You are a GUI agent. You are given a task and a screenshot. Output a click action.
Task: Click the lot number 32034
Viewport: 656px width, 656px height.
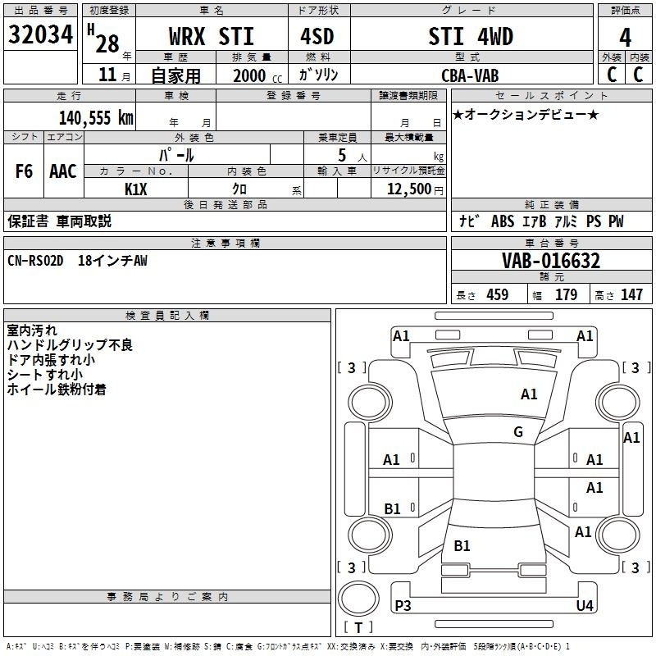click(x=41, y=34)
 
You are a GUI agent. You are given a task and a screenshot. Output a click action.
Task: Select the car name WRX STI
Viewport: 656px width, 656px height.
click(x=211, y=37)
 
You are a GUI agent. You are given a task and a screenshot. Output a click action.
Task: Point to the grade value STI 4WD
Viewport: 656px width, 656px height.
click(x=471, y=37)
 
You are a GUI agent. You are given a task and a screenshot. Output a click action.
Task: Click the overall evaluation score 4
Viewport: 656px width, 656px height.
click(x=625, y=37)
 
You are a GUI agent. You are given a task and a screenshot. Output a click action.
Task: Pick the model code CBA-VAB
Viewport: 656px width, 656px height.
click(x=470, y=75)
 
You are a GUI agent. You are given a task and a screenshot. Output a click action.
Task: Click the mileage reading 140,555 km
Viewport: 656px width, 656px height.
click(x=95, y=117)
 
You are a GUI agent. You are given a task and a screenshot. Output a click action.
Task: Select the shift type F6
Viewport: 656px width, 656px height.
click(x=25, y=171)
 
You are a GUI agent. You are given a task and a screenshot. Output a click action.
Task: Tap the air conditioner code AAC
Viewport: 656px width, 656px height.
click(x=63, y=171)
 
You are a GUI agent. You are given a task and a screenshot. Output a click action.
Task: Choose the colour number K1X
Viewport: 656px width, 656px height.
click(x=136, y=189)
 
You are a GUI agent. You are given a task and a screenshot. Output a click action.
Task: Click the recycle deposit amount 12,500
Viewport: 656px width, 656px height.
click(x=408, y=189)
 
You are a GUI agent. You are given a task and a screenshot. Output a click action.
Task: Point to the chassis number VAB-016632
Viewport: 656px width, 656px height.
click(x=551, y=261)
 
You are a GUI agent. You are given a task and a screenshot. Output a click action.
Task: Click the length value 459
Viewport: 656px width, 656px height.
click(x=497, y=295)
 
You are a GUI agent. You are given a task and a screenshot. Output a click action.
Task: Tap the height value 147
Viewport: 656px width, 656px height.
click(x=631, y=295)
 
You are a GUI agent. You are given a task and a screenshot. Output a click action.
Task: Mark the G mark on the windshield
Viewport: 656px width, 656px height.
click(x=518, y=432)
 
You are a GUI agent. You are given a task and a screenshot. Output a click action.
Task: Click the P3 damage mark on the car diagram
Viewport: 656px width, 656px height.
click(x=403, y=605)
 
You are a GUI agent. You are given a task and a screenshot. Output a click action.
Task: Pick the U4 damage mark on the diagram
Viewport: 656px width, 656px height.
click(x=584, y=605)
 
